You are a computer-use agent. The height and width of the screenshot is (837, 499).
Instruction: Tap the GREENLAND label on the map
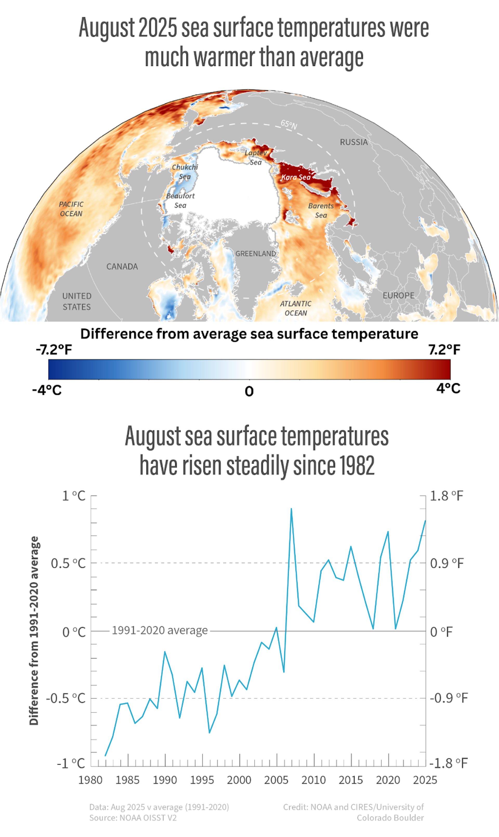255,253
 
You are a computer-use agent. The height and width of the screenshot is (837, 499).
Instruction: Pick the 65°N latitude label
289,124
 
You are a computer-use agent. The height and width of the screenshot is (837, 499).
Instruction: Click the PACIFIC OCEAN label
71,209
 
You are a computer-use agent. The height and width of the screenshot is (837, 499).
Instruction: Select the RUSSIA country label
354,142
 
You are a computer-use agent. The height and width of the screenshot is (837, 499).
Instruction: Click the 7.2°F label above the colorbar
444,350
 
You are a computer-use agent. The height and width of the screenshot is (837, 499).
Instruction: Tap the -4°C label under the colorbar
47,390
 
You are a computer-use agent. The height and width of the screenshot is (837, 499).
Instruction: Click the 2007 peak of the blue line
291,509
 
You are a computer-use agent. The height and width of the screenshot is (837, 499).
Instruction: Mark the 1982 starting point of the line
105,756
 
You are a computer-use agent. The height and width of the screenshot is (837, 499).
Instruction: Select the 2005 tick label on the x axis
276,780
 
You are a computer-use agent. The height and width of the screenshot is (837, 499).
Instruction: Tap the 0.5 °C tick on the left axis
69,564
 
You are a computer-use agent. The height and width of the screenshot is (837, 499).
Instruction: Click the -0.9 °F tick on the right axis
449,698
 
